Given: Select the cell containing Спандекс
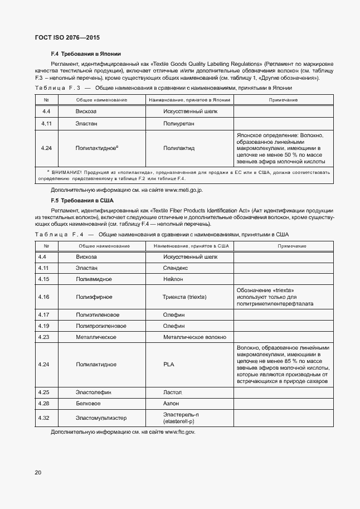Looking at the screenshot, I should point(176,268).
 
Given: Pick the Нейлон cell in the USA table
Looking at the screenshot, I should point(174,279).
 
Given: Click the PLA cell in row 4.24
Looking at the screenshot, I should point(169,364).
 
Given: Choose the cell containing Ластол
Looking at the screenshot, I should point(173,392).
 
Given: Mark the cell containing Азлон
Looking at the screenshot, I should point(172,404).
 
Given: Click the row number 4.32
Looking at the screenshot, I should point(44,418).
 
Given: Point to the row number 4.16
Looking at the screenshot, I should point(44,297).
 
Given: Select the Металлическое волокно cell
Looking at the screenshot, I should point(194,337).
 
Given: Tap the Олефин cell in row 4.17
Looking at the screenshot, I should point(174,314).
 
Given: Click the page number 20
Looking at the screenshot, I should point(38,473).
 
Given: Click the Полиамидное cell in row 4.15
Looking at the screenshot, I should point(94,279).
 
